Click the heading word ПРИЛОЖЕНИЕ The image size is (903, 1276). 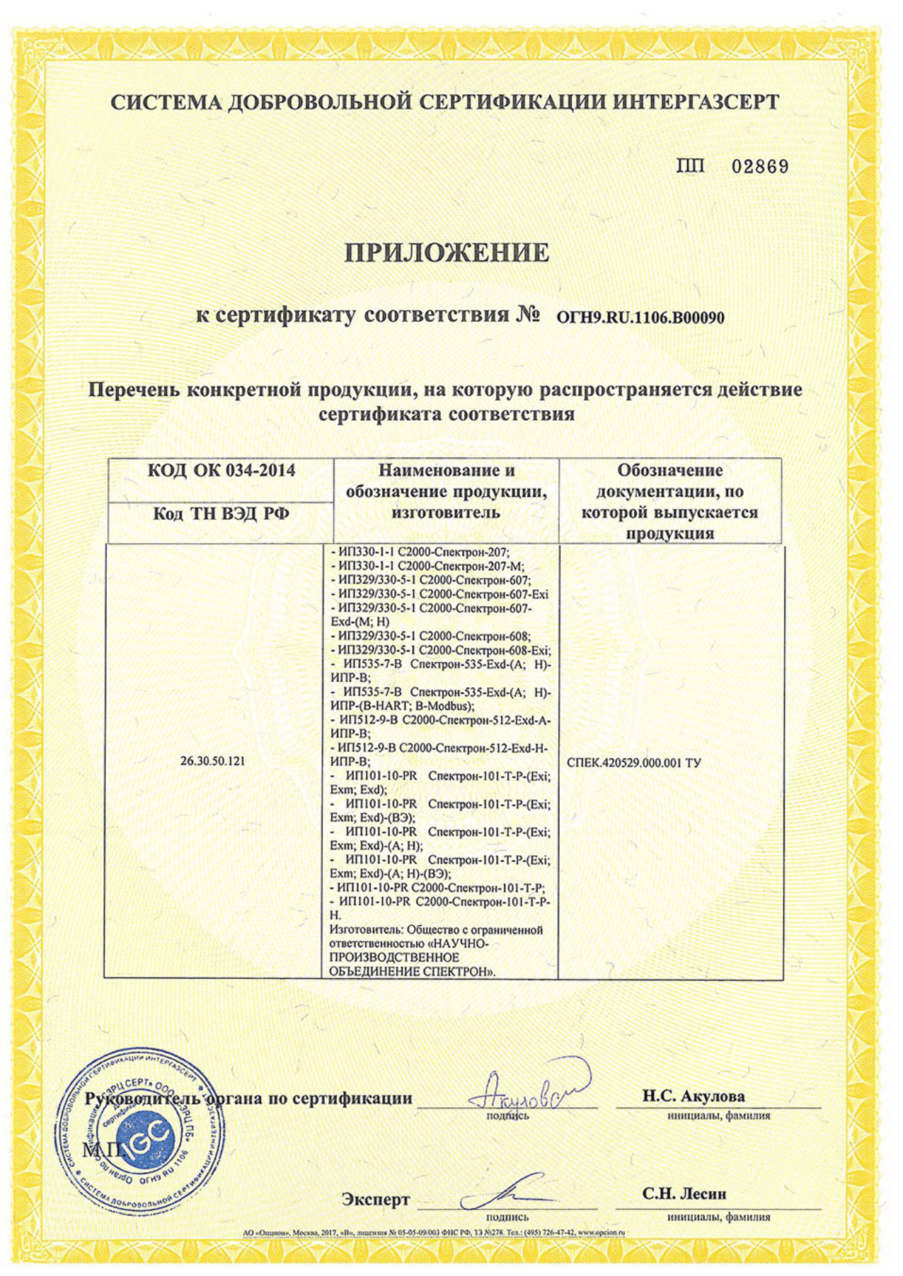click(x=447, y=253)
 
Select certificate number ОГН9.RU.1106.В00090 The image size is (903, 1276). click(x=640, y=318)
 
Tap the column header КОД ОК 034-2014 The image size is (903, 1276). click(x=221, y=471)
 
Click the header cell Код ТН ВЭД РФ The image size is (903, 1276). click(x=221, y=514)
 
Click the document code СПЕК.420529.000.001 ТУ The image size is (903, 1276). click(x=634, y=763)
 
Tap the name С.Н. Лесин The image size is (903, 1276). click(x=684, y=1194)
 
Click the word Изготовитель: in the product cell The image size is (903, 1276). click(x=364, y=930)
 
